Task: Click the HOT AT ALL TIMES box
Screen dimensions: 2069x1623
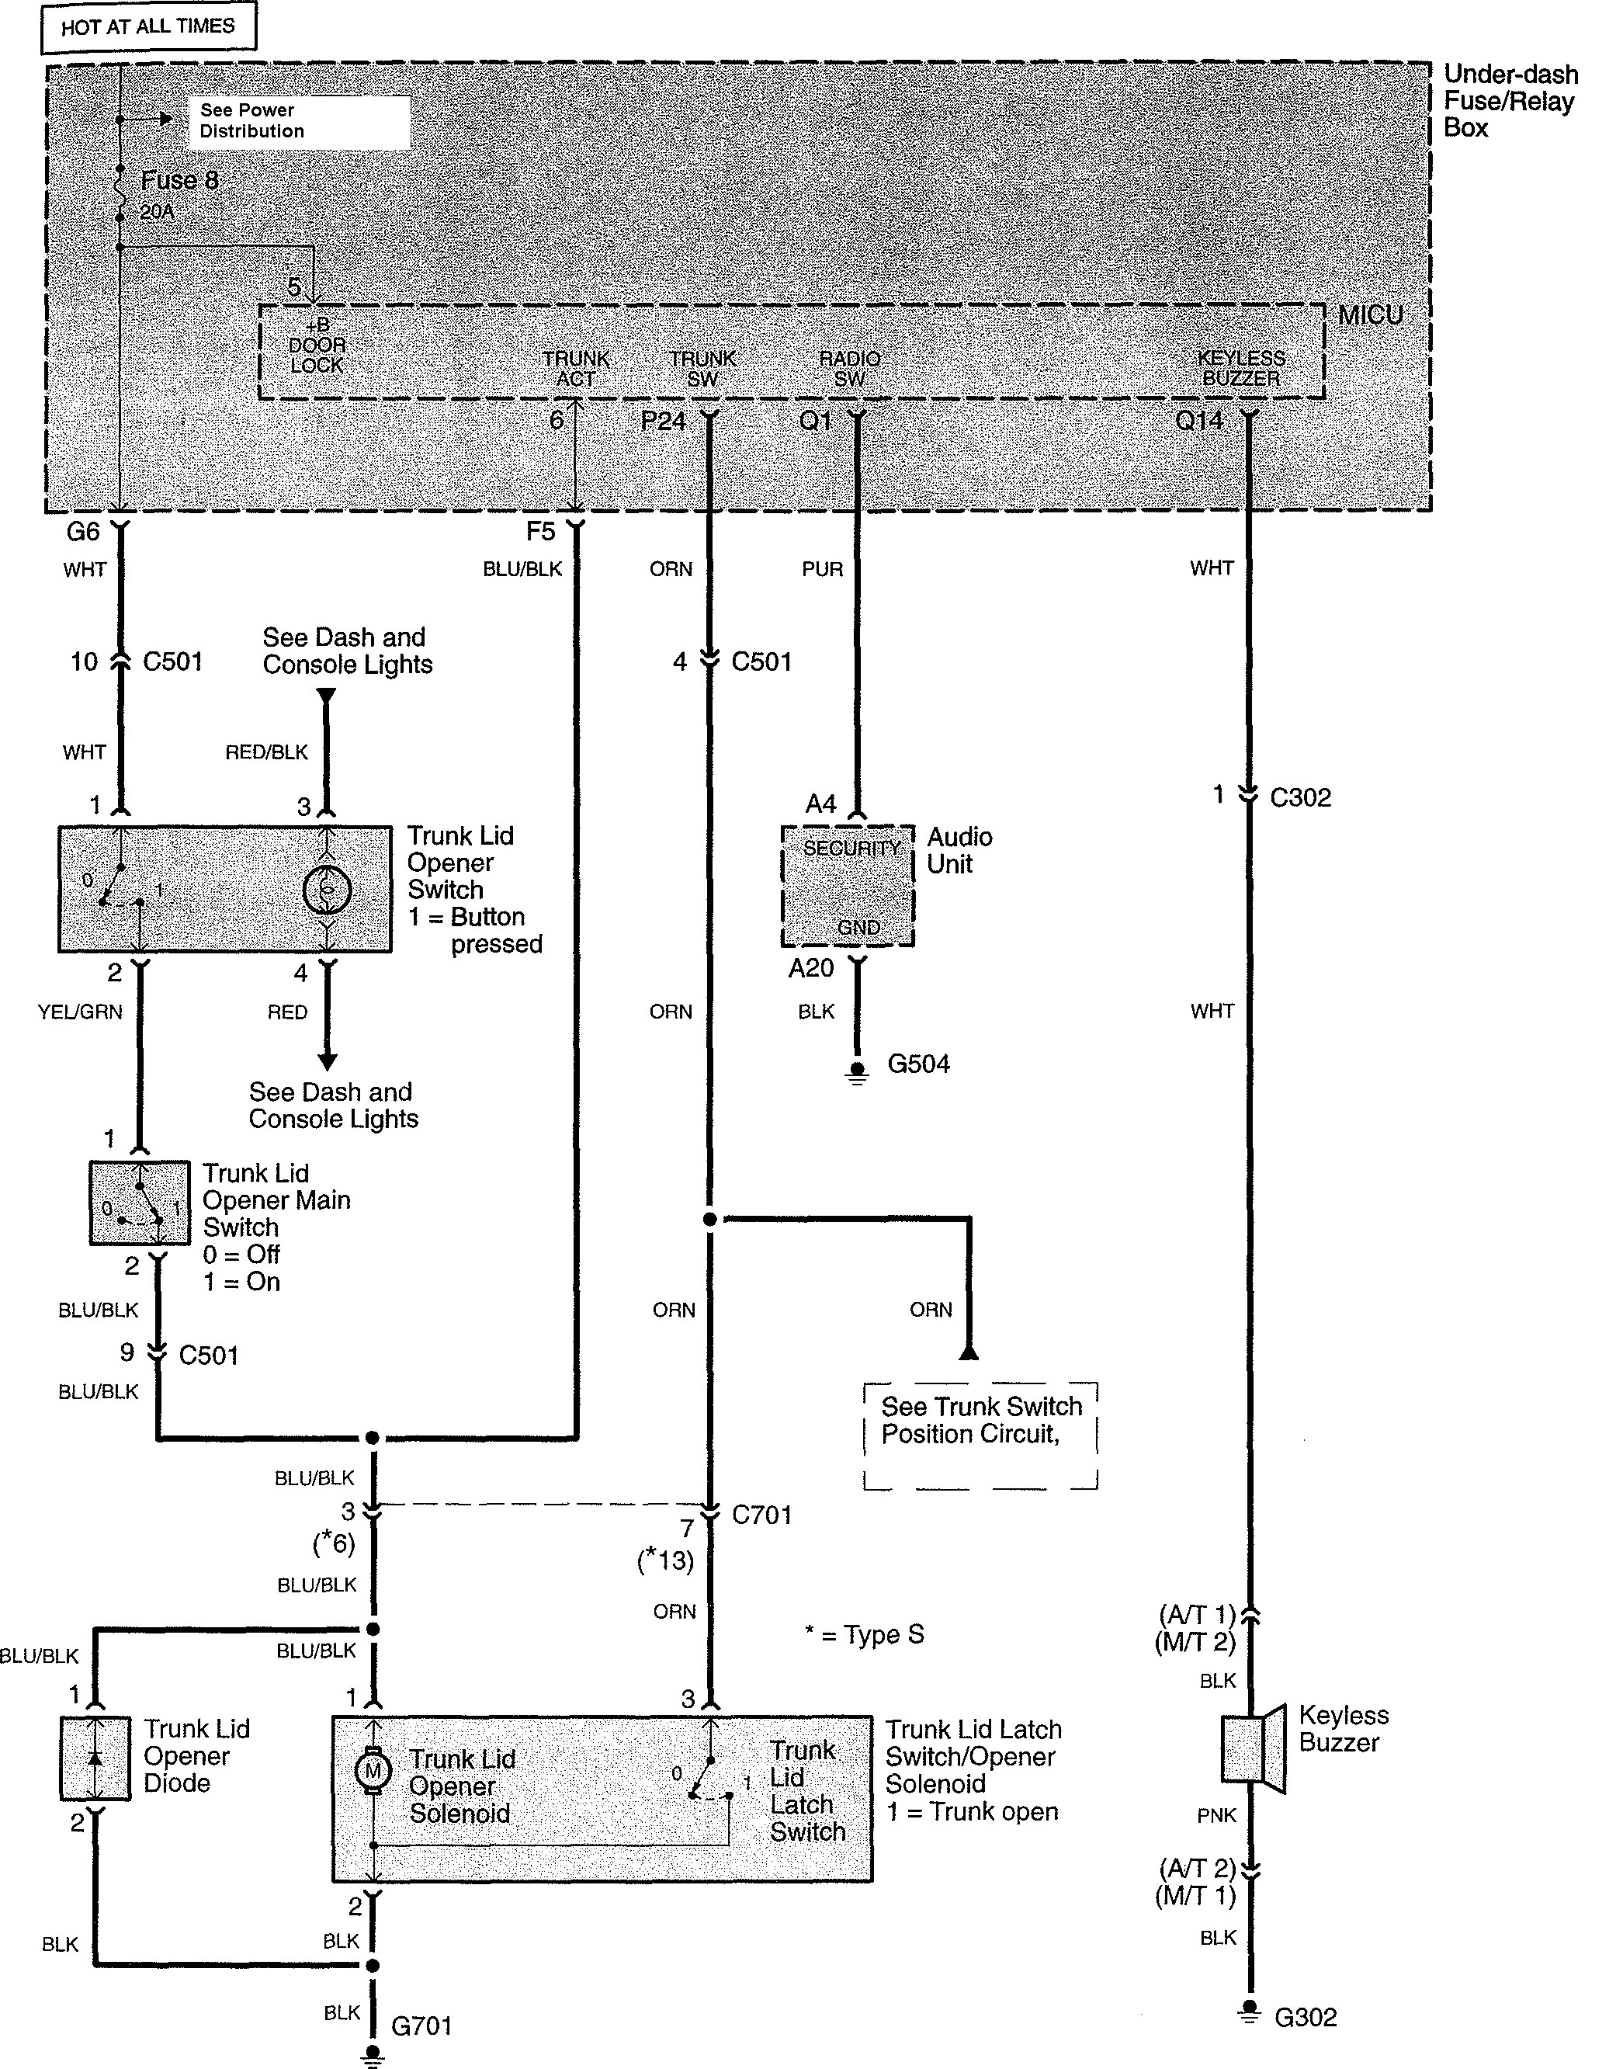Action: click(x=148, y=28)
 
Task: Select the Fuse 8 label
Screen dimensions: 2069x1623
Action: click(x=179, y=181)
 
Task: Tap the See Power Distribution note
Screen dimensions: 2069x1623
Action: click(x=298, y=122)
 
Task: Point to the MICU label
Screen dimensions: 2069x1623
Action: click(x=1369, y=315)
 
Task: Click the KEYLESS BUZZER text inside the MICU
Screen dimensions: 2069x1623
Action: click(x=1240, y=368)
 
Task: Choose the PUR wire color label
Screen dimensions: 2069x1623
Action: click(x=822, y=569)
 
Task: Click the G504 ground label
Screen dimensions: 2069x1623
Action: click(x=918, y=1064)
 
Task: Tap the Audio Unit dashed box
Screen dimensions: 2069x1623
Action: click(x=847, y=886)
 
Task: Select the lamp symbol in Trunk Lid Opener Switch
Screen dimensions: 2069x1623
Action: click(x=327, y=890)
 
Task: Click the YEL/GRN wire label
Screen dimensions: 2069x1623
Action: click(x=80, y=1012)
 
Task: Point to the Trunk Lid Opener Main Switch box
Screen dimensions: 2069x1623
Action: click(x=139, y=1203)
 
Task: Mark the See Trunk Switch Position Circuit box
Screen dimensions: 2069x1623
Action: click(x=980, y=1435)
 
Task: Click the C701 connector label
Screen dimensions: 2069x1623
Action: click(x=761, y=1515)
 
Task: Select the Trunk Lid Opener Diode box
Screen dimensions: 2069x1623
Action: click(x=95, y=1758)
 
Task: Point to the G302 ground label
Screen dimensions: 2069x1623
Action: click(x=1305, y=2017)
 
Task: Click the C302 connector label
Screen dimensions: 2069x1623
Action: click(x=1300, y=797)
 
